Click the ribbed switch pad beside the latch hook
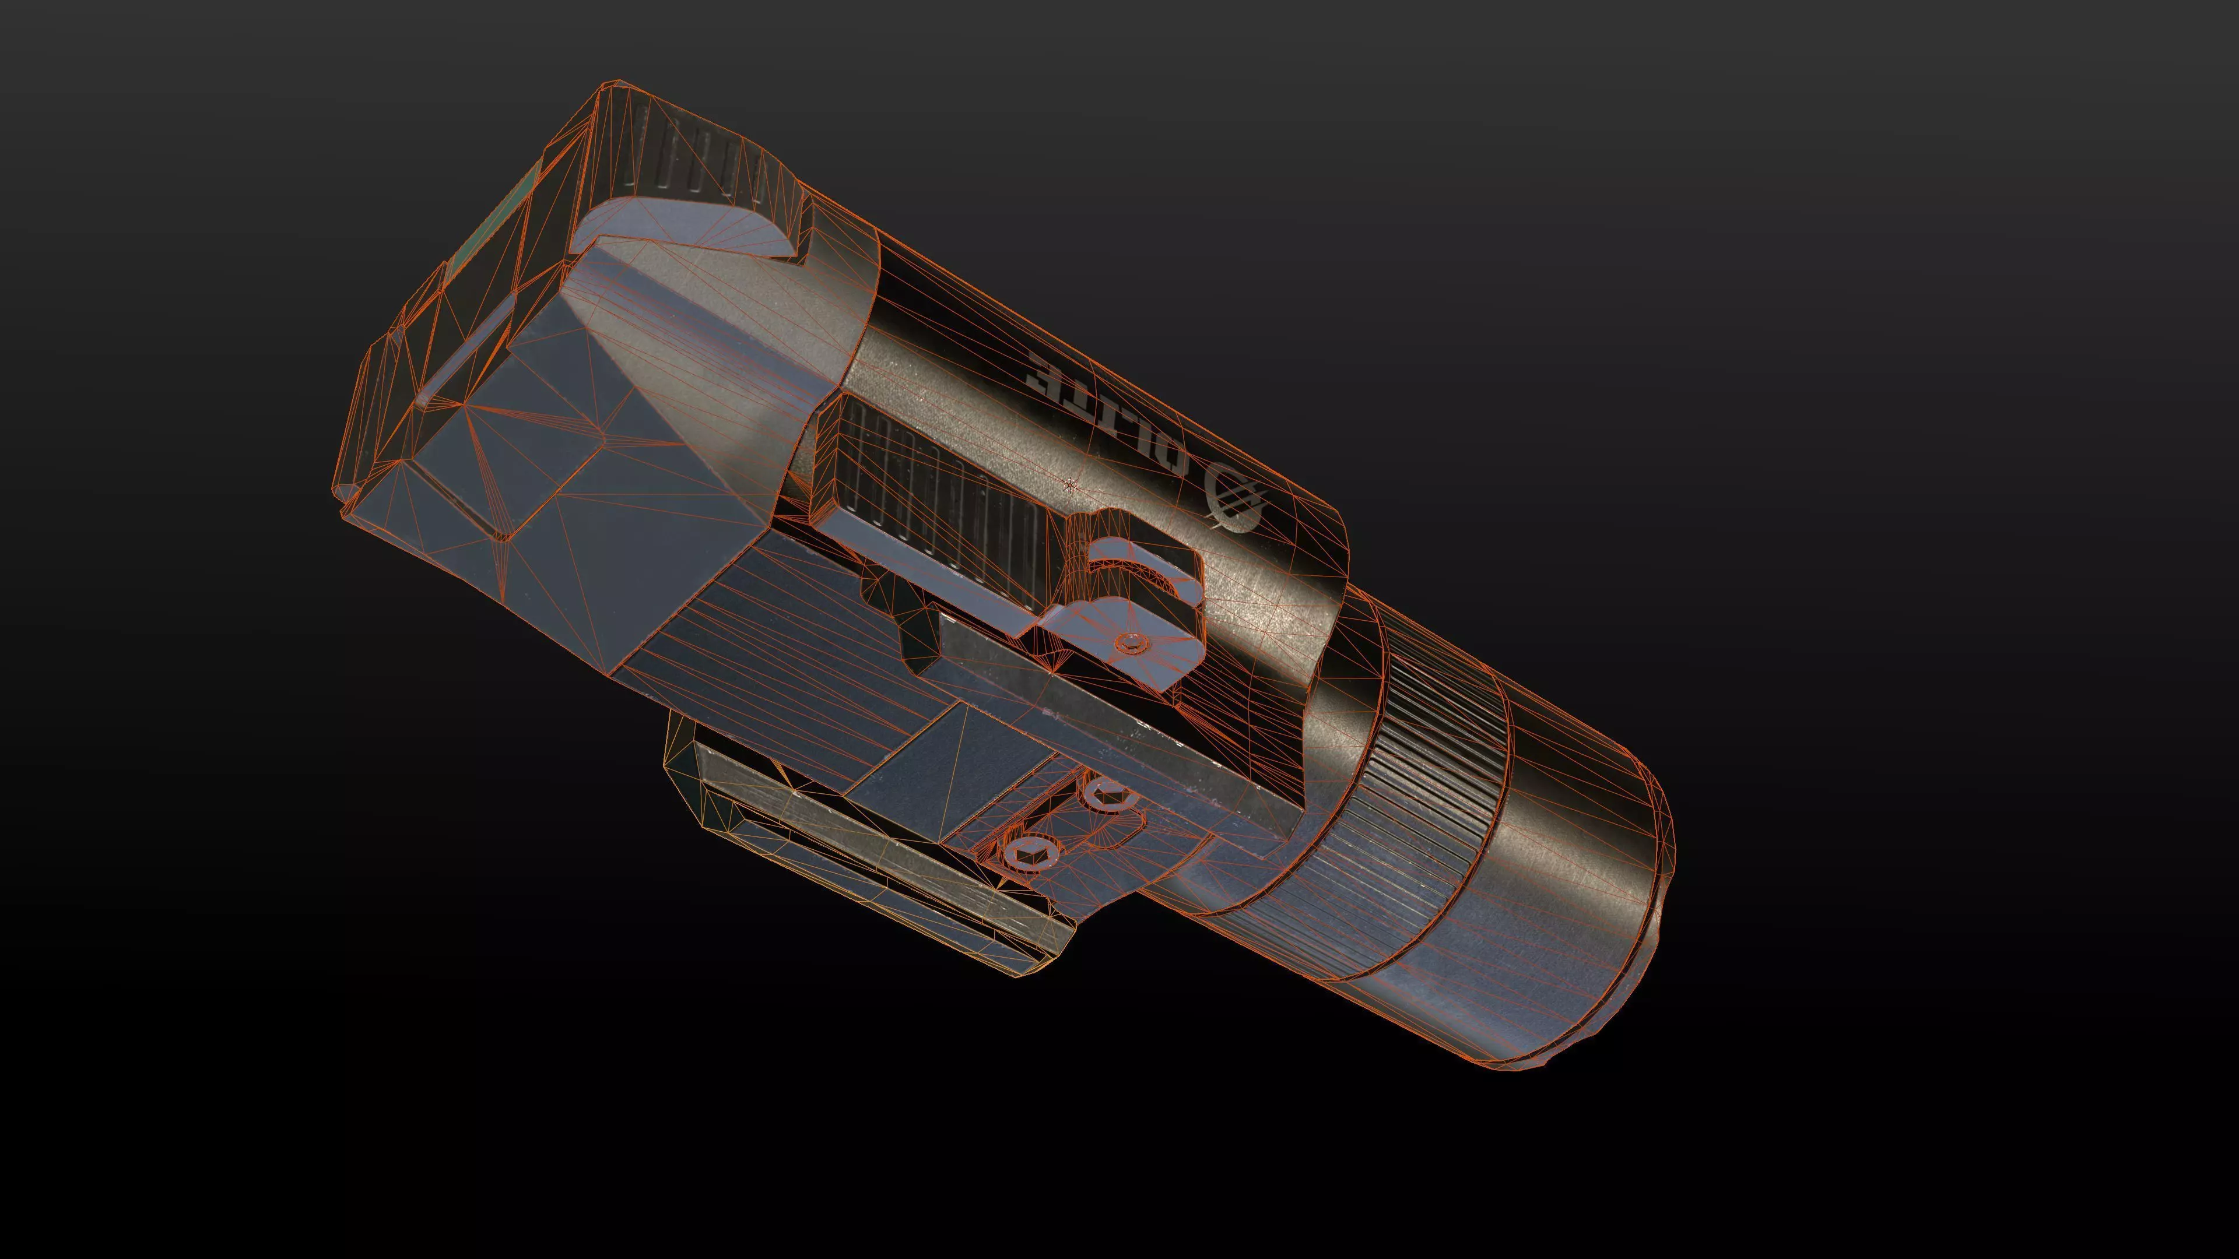tap(930, 495)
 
